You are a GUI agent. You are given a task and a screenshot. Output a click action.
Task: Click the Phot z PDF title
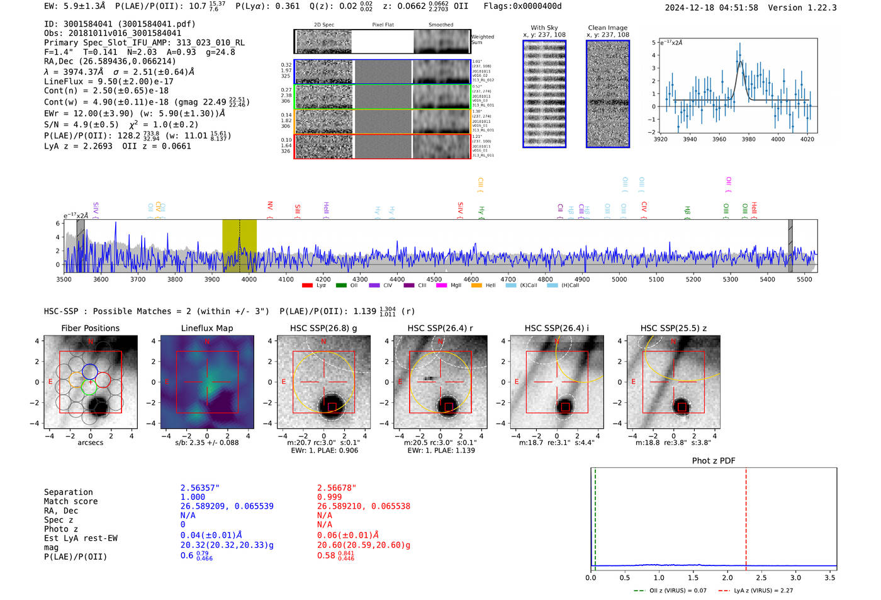click(713, 461)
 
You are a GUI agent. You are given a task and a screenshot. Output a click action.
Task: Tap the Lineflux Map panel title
click(206, 328)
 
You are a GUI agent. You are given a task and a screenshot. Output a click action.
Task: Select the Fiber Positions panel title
click(90, 328)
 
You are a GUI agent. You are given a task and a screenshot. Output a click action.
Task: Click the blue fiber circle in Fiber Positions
click(90, 371)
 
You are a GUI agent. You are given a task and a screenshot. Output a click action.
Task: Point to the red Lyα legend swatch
click(307, 285)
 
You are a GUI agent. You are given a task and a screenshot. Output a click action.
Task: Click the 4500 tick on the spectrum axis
click(434, 279)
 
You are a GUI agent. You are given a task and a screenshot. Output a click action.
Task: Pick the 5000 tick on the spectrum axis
click(619, 279)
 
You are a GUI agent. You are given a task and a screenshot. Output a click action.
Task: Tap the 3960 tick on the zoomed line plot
click(719, 139)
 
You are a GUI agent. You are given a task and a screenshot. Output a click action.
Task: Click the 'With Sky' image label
click(544, 28)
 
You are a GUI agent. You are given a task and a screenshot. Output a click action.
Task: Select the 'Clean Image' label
click(607, 28)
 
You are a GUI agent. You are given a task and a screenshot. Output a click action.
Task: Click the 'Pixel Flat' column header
click(383, 25)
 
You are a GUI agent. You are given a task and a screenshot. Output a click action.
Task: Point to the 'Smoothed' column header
click(441, 25)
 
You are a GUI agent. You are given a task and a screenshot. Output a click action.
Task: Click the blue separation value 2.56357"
click(199, 488)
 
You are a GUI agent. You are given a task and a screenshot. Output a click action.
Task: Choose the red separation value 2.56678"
click(336, 488)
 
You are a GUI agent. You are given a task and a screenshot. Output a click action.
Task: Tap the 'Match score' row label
click(70, 501)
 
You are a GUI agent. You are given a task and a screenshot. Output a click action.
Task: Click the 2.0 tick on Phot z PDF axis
click(727, 577)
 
